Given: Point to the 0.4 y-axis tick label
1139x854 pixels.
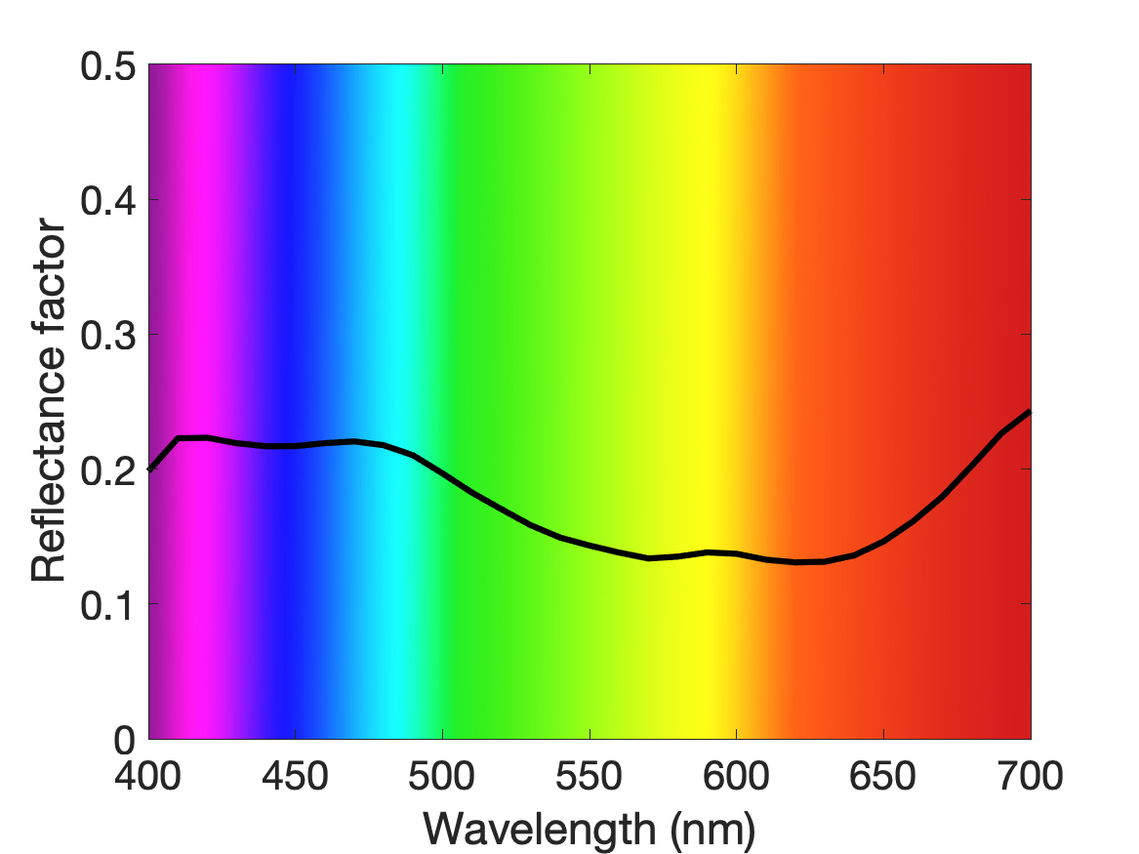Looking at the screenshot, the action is (108, 201).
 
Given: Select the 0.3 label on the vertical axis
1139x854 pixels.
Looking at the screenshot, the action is (108, 336).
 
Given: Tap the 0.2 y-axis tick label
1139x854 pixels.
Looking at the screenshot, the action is (108, 470).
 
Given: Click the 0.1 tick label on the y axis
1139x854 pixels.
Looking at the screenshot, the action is (108, 606).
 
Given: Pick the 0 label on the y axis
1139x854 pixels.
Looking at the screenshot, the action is (125, 741).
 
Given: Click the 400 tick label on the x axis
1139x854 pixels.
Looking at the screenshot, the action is (147, 776).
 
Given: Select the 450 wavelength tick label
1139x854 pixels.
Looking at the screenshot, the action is (295, 776).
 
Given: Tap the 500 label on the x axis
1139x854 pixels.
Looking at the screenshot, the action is (442, 776).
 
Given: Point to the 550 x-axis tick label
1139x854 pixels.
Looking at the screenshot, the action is (590, 776).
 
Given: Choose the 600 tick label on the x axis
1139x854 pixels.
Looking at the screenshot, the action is (736, 776).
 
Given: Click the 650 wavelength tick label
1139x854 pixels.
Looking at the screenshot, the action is (883, 776).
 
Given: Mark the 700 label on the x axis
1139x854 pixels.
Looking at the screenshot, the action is (1030, 776).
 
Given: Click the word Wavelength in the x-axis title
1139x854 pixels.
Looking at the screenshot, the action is (540, 829).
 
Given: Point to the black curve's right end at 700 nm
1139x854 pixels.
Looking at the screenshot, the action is (1031, 412).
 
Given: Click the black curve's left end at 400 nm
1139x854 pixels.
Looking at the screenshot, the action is (149, 469).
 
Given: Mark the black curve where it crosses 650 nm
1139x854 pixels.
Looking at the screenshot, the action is (883, 541).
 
